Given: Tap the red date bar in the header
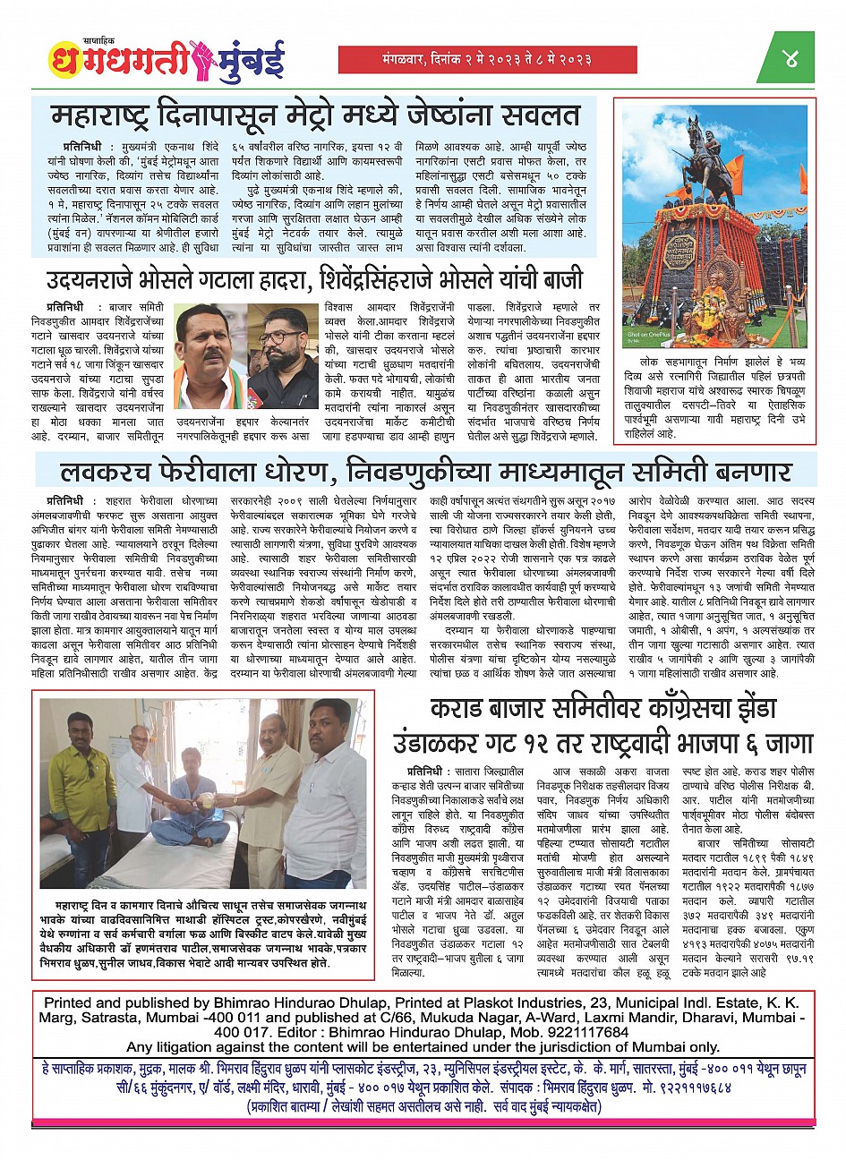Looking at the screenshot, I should (487, 60).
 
